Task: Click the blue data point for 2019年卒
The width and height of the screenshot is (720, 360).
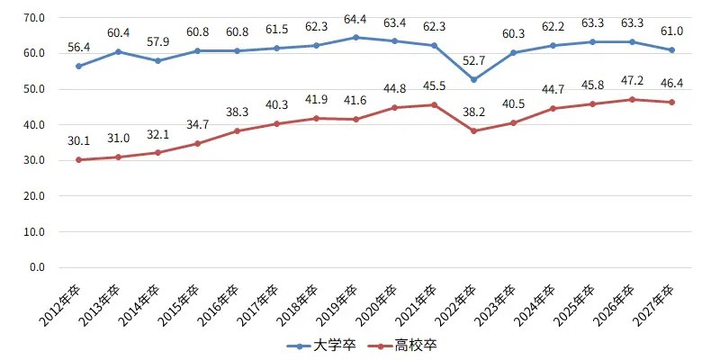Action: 355,38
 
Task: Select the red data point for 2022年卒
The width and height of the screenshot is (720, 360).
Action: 473,131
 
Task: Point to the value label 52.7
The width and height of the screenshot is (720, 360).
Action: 473,61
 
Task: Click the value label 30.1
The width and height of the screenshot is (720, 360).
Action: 78,140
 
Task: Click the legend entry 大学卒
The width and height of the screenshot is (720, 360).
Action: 325,345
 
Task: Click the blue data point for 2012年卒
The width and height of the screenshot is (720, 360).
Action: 78,67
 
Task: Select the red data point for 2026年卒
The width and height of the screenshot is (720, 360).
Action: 633,99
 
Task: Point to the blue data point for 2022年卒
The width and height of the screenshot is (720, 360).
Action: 473,80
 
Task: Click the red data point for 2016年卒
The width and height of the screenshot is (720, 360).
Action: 237,131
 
